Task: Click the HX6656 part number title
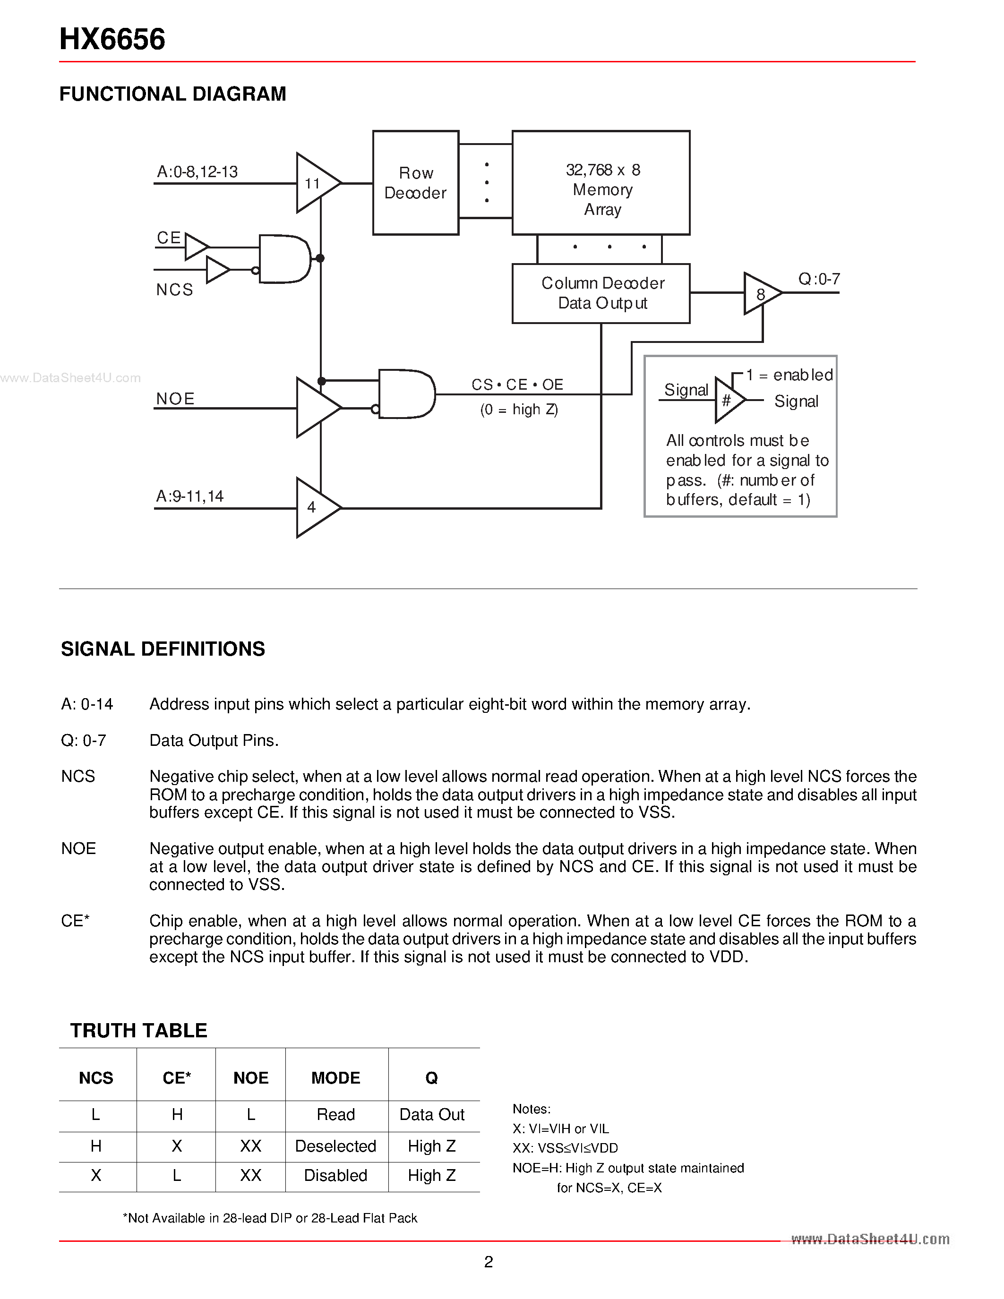coord(112,39)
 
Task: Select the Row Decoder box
coord(415,183)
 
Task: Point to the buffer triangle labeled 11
coord(315,183)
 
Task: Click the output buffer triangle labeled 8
coord(760,294)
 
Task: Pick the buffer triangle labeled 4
coord(315,507)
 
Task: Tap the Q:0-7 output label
coord(818,279)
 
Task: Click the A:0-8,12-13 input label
coord(197,172)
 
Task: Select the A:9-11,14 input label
coord(190,496)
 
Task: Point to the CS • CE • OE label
coord(517,385)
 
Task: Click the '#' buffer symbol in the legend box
coord(728,400)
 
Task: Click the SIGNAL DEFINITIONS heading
coord(163,649)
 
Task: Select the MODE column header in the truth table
coord(336,1078)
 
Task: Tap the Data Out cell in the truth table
coord(432,1115)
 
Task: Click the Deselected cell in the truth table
coord(336,1146)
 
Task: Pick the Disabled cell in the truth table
coord(336,1176)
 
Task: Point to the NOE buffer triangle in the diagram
coord(315,408)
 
